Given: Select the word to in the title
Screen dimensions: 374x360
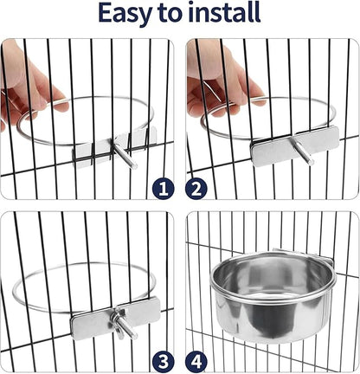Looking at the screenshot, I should [175, 15].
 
